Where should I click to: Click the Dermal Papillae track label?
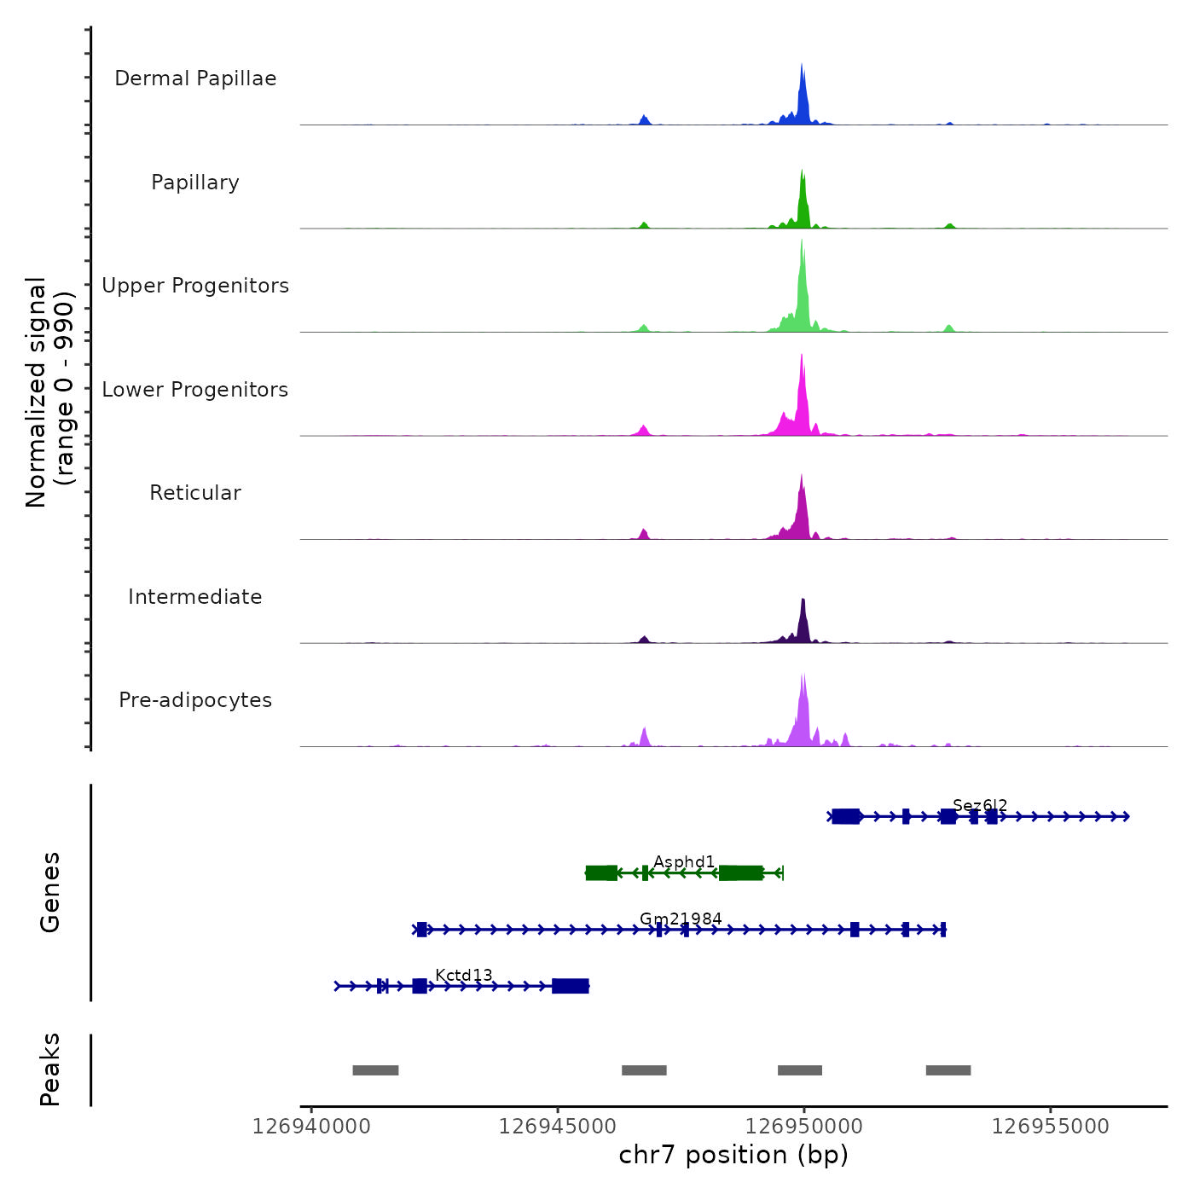(195, 78)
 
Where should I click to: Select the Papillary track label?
(195, 183)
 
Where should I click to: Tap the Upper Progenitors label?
(195, 286)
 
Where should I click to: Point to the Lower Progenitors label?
(195, 390)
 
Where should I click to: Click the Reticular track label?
(195, 493)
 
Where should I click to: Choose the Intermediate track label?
(195, 597)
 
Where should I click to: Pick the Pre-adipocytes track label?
(195, 700)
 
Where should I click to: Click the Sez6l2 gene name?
(980, 805)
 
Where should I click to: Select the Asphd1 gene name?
(684, 862)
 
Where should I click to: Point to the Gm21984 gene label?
(681, 919)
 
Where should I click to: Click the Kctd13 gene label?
(464, 976)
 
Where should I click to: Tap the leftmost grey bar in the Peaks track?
(375, 1070)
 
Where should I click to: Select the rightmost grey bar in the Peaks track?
(948, 1070)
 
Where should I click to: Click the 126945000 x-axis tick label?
(558, 1127)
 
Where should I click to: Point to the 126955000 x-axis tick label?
(1051, 1127)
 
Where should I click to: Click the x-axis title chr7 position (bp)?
(733, 1155)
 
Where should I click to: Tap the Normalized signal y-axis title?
(49, 392)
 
